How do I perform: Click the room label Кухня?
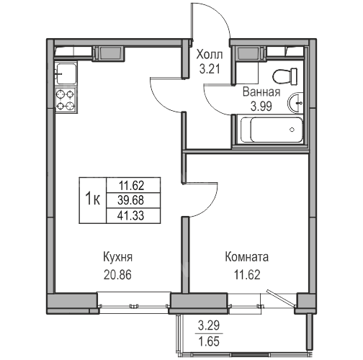point(117,258)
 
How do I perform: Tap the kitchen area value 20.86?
point(117,275)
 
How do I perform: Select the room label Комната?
point(247,257)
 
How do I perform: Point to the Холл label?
point(210,55)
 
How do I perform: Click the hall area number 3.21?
point(210,69)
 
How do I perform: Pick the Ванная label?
point(261,91)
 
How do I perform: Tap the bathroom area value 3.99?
point(261,107)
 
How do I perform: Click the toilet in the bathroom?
point(285,76)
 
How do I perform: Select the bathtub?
point(272,130)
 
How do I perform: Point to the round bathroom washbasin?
point(295,102)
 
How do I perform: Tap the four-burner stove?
point(66,100)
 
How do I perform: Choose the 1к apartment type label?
point(93,199)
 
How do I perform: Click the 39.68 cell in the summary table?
point(130,200)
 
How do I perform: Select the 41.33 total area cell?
point(130,215)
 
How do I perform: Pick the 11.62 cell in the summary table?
point(131,185)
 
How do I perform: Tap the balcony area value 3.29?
point(209,325)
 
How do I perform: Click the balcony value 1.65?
point(209,341)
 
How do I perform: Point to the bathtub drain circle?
point(292,130)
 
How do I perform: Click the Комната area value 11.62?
point(247,275)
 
